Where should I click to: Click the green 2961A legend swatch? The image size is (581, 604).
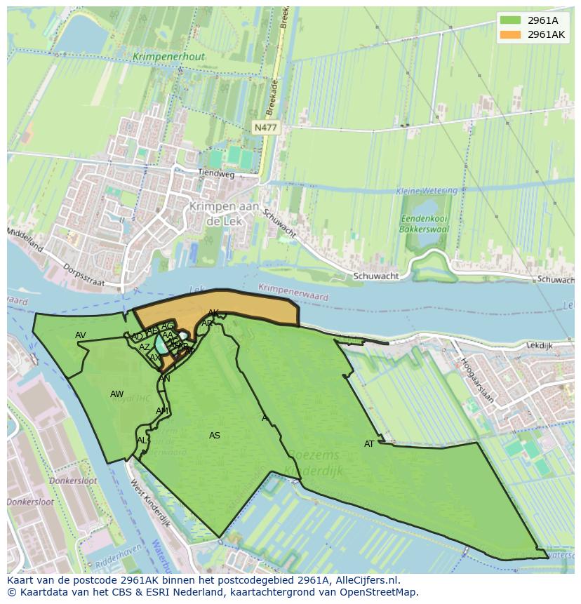[x=510, y=20]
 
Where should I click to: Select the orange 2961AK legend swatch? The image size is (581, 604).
[x=510, y=34]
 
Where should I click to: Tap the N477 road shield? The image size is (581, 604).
[x=265, y=127]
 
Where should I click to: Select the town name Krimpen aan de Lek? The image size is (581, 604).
[x=224, y=213]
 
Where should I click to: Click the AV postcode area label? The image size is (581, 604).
[x=81, y=335]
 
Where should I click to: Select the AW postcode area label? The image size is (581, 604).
[x=116, y=394]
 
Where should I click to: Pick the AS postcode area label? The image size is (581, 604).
[x=215, y=436]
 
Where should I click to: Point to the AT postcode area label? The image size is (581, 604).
[x=369, y=444]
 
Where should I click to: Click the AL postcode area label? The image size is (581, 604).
[x=142, y=441]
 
